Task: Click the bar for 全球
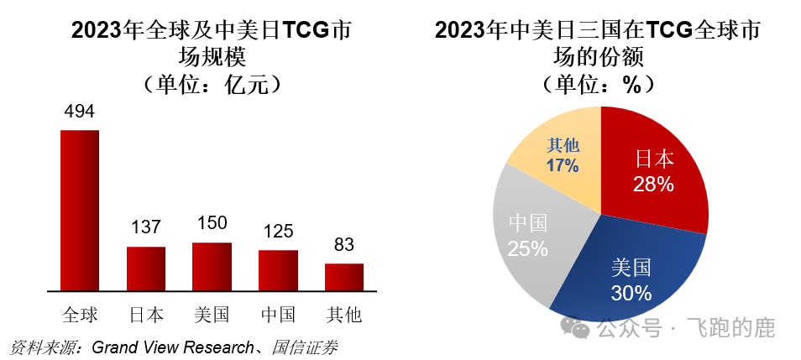coord(79,210)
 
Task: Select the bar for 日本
coord(146,268)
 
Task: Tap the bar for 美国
coord(212,265)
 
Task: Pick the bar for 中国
coord(278,269)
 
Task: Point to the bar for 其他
coord(344,276)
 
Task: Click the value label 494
coord(79,112)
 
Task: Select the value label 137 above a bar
coord(146,228)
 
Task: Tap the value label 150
coord(212,223)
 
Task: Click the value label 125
coord(278,232)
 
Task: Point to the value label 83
coord(344,245)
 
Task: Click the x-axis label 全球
coord(80,315)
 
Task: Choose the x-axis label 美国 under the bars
coord(212,315)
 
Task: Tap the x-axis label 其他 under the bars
coord(344,315)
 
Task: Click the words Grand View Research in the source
coord(172,347)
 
